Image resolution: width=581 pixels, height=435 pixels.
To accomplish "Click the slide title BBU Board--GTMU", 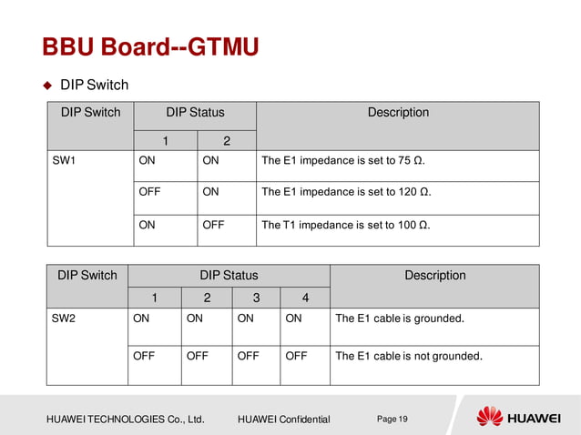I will (149, 46).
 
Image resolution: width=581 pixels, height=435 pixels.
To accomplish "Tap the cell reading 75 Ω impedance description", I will (343, 162).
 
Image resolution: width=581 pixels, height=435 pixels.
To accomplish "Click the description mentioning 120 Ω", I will (346, 193).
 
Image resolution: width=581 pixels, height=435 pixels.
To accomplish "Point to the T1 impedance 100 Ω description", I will (346, 225).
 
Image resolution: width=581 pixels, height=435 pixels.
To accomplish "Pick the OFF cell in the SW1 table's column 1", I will (149, 193).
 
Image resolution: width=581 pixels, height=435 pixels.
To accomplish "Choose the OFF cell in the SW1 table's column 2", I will (213, 225).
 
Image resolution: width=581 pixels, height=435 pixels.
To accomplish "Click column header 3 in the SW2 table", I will (255, 298).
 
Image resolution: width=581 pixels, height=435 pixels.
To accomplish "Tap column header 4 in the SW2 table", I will (304, 298).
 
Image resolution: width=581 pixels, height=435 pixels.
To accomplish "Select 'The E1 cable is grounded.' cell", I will (400, 319).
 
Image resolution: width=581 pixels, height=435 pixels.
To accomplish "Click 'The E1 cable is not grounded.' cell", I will (409, 356).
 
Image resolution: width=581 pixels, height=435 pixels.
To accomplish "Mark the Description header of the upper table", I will (398, 113).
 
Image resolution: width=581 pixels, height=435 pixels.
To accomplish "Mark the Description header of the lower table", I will (434, 276).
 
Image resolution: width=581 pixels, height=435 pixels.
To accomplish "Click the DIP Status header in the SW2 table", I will (229, 276).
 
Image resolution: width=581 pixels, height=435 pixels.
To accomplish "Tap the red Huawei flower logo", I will (489, 418).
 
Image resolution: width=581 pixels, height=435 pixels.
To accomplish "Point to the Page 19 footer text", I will (392, 419).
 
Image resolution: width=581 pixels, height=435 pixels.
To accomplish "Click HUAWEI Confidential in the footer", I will (283, 420).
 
